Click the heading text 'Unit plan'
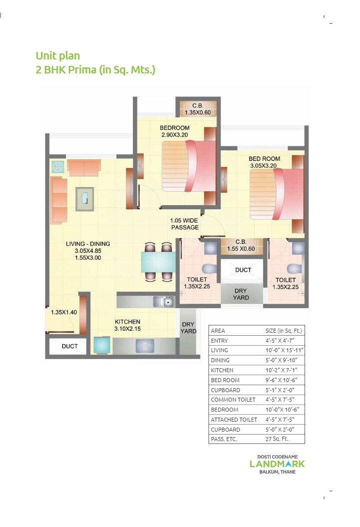58,55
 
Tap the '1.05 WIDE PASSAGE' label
185,224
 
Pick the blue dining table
158,262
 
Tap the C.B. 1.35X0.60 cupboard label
198,109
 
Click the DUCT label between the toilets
243,270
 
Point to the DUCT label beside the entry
69,346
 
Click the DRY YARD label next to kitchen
188,328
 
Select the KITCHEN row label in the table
222,370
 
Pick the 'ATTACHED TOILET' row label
234,420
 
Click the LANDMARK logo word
277,464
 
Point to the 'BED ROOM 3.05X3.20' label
264,162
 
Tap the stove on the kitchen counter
145,345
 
